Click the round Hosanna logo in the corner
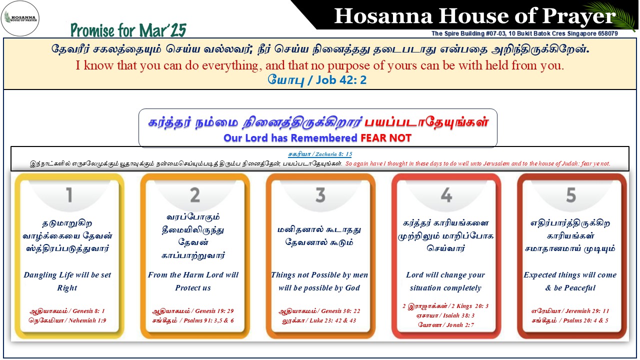click(20, 18)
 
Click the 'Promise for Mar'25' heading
click(128, 30)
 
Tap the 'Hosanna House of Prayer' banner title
click(475, 16)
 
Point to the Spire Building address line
click(524, 33)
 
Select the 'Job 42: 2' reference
click(341, 80)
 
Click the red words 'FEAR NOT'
click(386, 138)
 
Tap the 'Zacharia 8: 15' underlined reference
click(333, 154)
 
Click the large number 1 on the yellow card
click(69, 195)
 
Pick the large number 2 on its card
click(195, 195)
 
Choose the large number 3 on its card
click(320, 195)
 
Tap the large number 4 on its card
click(446, 195)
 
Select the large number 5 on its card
click(571, 195)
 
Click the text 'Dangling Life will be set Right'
click(67, 281)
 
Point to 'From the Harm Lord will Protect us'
click(193, 281)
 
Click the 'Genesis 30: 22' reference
click(340, 311)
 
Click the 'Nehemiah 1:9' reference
click(87, 320)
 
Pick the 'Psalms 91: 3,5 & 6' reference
click(208, 320)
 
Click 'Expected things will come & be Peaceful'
click(570, 281)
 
